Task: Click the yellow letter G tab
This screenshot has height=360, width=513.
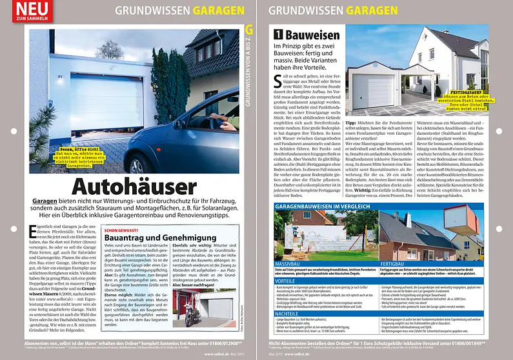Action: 249,29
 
